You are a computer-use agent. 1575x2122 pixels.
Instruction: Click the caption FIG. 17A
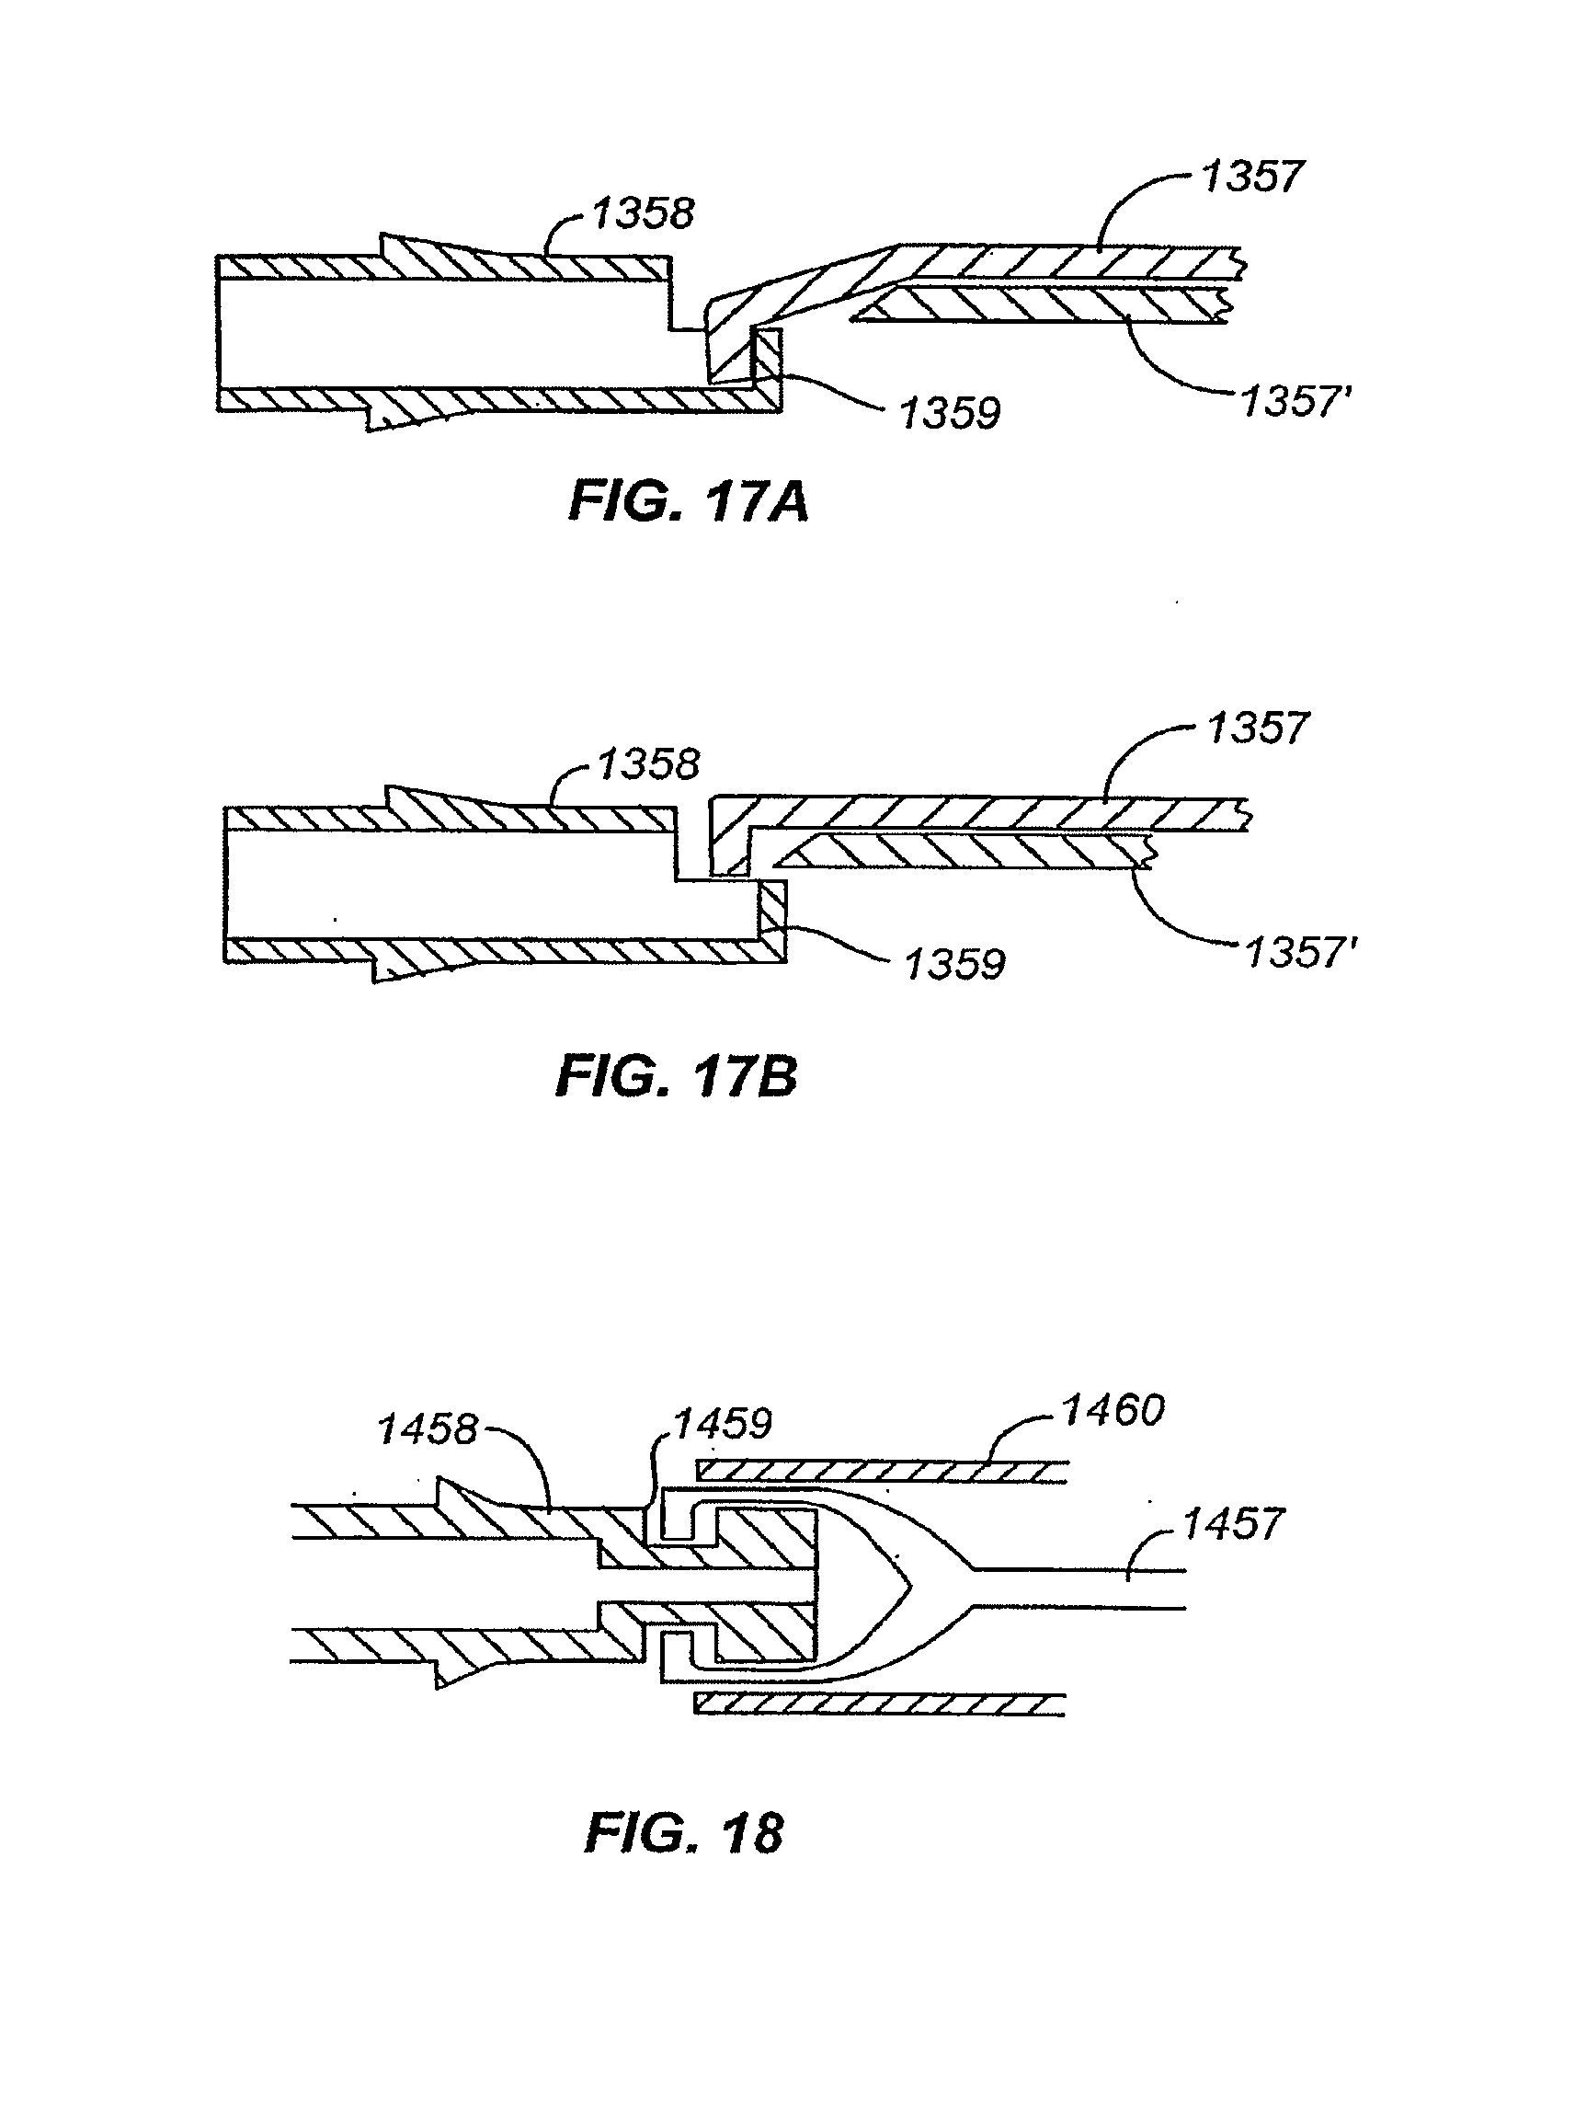click(x=688, y=501)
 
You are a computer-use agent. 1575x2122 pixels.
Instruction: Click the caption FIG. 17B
click(x=675, y=1077)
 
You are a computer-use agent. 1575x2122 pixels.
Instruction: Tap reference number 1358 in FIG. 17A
click(x=643, y=213)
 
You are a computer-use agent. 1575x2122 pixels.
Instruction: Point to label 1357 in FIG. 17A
click(x=1250, y=178)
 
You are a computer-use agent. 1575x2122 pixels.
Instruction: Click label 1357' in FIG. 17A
click(x=1295, y=403)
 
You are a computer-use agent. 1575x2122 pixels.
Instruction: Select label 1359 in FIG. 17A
click(x=950, y=414)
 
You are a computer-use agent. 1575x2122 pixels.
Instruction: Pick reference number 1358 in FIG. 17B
click(x=648, y=765)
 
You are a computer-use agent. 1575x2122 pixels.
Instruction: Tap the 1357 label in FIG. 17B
click(x=1258, y=728)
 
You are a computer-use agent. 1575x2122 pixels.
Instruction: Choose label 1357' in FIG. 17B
click(x=1300, y=953)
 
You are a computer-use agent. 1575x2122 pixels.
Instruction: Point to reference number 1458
click(x=428, y=1429)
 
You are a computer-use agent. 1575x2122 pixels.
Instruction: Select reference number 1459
click(x=722, y=1425)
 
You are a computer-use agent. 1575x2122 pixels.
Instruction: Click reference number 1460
click(x=1113, y=1411)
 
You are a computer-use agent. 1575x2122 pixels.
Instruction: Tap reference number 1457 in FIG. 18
click(x=1233, y=1524)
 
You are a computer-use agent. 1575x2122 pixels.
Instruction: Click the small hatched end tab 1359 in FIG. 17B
click(x=772, y=920)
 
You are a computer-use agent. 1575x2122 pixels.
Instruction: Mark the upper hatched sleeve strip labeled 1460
click(x=882, y=1473)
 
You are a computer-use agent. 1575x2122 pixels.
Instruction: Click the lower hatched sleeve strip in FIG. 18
click(x=879, y=1704)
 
